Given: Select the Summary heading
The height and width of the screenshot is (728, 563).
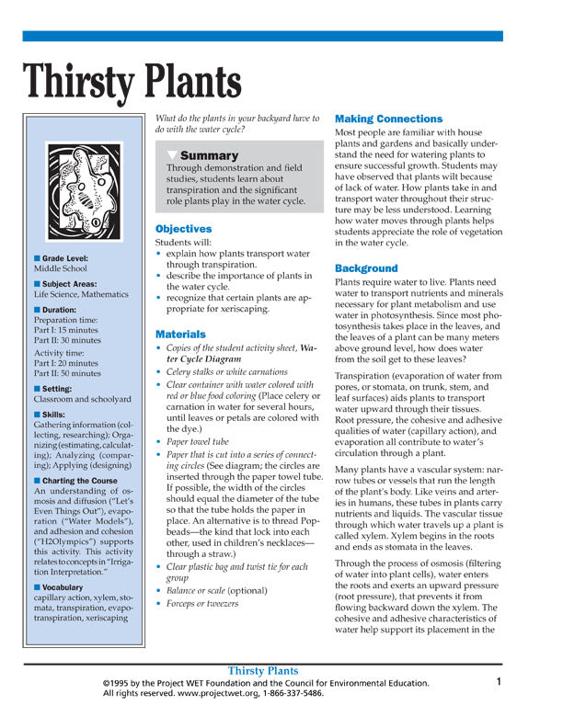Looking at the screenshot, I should [x=209, y=155].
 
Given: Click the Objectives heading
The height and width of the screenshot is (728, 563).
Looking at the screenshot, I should [x=183, y=229].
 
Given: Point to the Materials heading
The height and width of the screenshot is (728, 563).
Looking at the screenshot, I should [x=180, y=335].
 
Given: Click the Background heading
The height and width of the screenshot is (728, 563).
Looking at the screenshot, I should [x=366, y=268].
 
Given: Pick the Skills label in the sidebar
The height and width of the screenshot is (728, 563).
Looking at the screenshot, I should [x=57, y=414].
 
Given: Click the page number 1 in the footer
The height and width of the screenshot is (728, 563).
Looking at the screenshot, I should [x=498, y=682].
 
